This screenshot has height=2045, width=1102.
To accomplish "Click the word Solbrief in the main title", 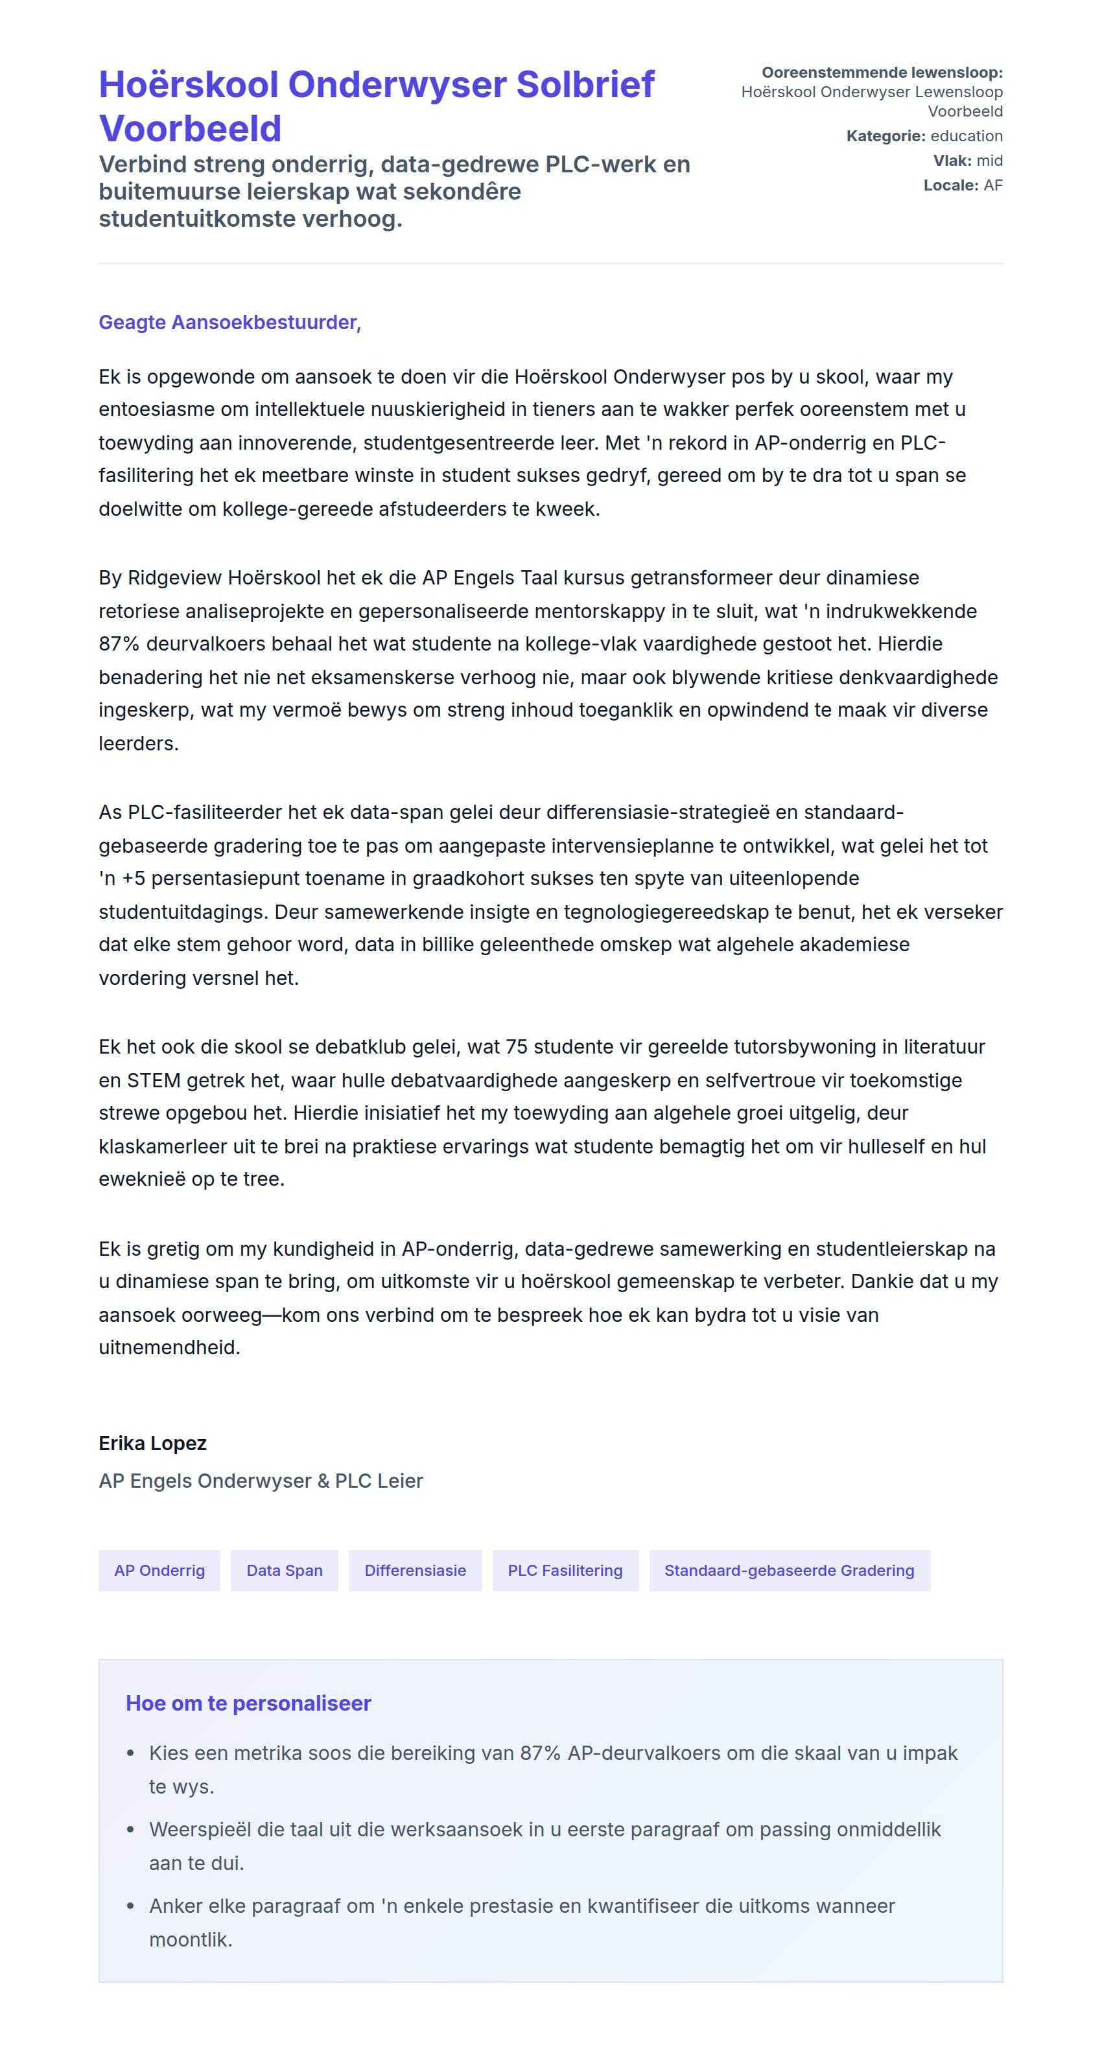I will (585, 85).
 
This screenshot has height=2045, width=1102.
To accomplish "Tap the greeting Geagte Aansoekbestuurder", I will (229, 322).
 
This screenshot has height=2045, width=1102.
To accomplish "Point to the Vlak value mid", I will (989, 160).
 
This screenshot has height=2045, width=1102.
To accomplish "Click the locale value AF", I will (992, 185).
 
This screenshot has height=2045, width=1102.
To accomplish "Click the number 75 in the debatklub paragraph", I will (516, 1047).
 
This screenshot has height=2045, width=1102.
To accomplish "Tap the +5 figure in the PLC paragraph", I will (133, 879).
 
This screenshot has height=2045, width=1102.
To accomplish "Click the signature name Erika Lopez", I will (152, 1443).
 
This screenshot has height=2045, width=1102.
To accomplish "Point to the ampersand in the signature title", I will (322, 1481).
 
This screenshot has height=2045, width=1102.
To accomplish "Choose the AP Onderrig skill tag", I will (159, 1570).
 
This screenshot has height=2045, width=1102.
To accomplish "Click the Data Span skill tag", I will (284, 1570).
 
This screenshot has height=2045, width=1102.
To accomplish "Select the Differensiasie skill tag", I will (416, 1570).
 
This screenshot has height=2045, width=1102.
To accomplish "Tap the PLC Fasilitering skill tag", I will (565, 1570).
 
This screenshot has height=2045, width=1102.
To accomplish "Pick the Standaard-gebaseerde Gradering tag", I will (789, 1570).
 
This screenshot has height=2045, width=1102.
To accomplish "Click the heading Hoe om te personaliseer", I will (248, 1704).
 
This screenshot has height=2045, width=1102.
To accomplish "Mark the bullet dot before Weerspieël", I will (131, 1830).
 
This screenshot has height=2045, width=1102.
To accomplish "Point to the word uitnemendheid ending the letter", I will (169, 1348).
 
